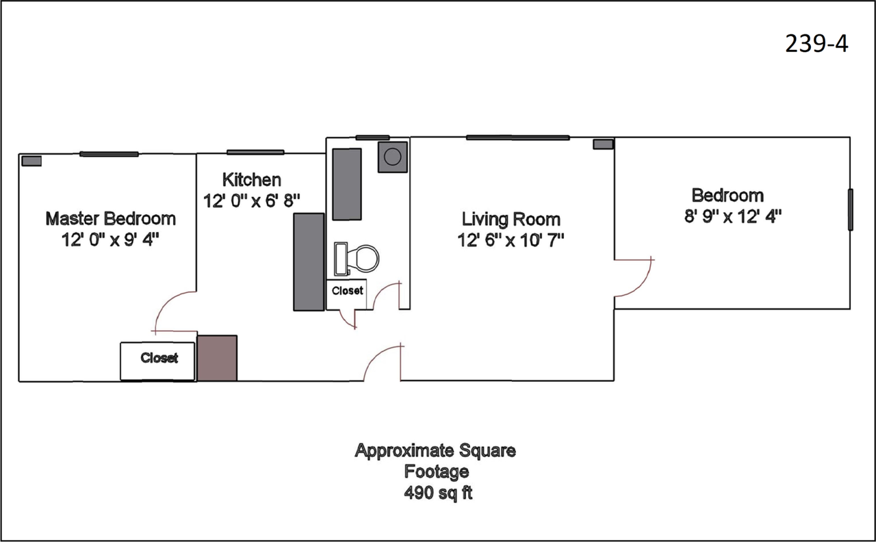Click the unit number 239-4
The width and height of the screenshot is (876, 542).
click(816, 44)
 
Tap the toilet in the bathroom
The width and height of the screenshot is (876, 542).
click(357, 259)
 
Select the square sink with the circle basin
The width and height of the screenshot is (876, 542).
click(393, 157)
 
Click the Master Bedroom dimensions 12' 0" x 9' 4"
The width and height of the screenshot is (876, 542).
click(110, 240)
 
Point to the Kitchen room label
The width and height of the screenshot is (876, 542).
click(251, 180)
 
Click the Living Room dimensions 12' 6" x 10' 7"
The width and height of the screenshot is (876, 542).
click(511, 240)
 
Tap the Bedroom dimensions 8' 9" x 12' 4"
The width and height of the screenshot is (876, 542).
click(733, 216)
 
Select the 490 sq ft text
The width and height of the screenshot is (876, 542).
click(438, 493)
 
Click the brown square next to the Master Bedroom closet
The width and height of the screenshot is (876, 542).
click(217, 358)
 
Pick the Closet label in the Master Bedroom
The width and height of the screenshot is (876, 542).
click(159, 358)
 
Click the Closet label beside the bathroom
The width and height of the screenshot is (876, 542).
click(347, 291)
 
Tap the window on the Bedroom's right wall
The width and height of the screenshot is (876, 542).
click(850, 209)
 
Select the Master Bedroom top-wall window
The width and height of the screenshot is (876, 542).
click(109, 154)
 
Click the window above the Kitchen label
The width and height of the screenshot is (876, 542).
click(255, 152)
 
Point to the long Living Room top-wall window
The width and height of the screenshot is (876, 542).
click(518, 138)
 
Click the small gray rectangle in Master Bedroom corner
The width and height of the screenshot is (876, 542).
click(31, 161)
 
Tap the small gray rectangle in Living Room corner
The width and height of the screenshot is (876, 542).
click(603, 144)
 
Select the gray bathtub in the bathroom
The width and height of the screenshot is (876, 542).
click(347, 184)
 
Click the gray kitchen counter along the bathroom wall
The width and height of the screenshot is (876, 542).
click(309, 262)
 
